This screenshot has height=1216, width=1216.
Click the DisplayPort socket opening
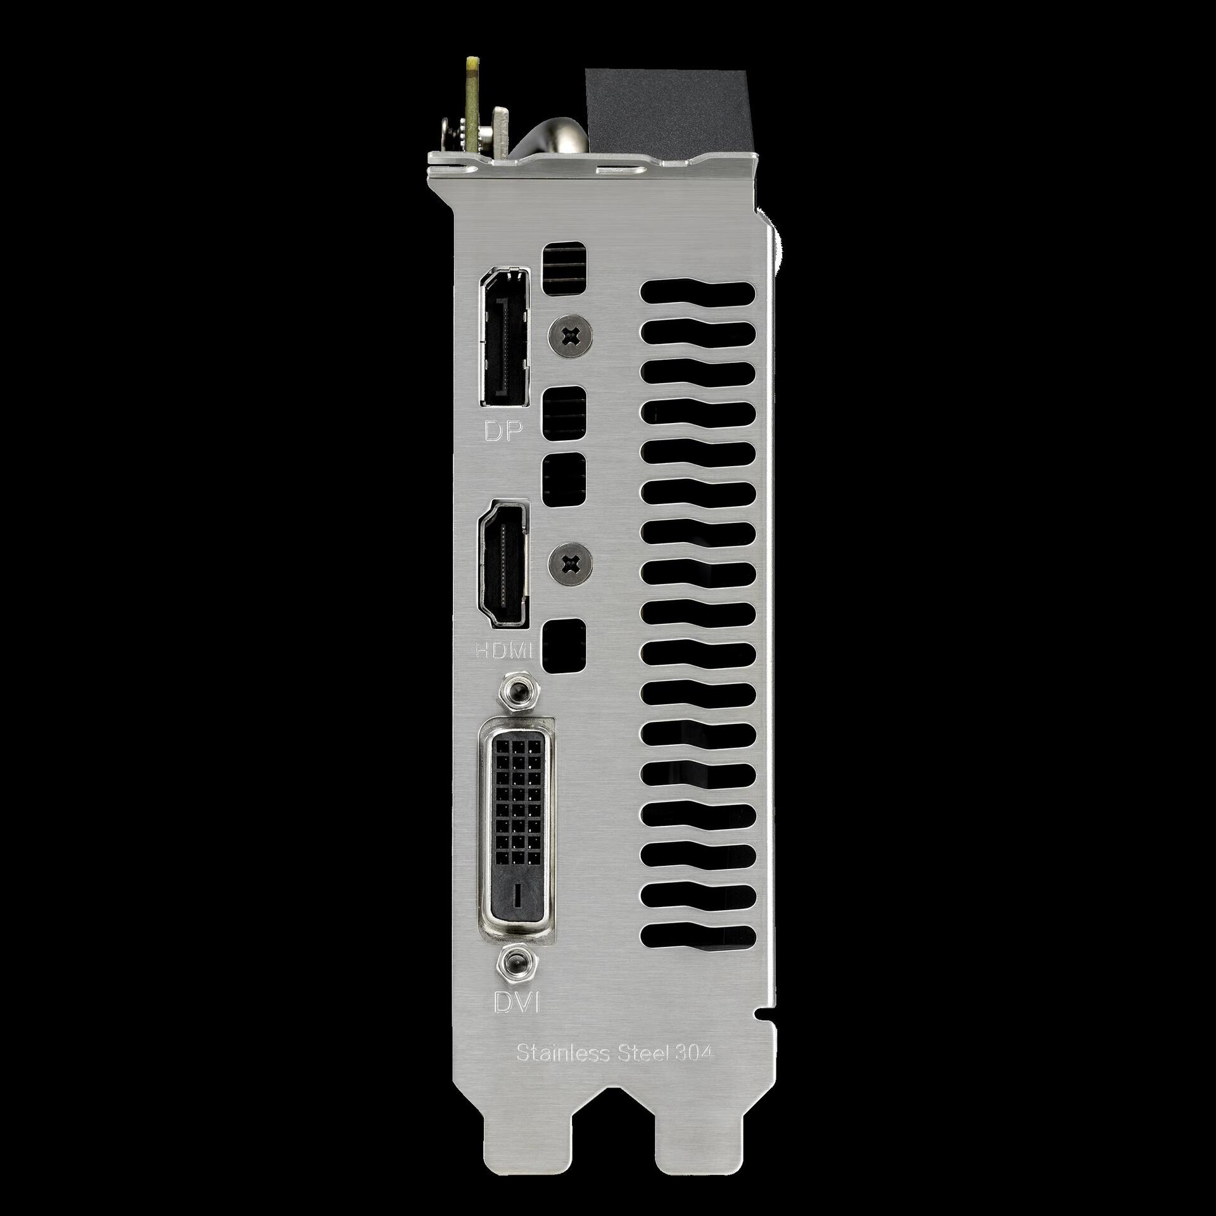(x=504, y=336)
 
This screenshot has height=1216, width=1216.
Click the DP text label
(x=503, y=431)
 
